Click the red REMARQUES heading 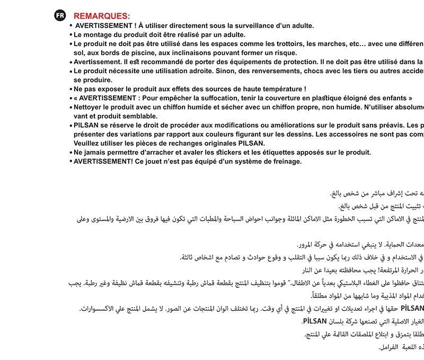point(101,16)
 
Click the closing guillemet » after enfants point(410,98)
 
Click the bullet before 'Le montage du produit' point(70,34)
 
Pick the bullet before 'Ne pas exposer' point(70,89)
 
